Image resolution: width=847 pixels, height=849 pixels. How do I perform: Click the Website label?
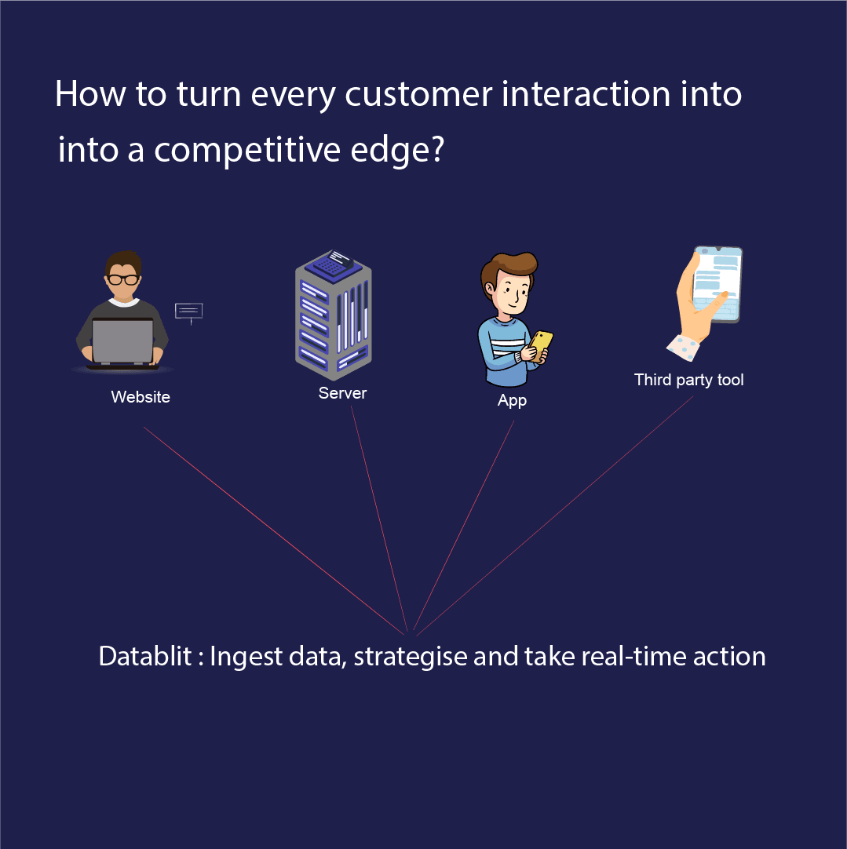coord(141,397)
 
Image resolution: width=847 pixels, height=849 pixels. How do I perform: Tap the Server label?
coord(342,393)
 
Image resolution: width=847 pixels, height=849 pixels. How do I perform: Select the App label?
coord(512,400)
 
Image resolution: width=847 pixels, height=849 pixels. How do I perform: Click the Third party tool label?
coord(688,380)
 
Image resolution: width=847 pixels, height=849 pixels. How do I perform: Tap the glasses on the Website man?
coord(123,279)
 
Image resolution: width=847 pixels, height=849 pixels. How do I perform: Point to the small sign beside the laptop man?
coord(188,312)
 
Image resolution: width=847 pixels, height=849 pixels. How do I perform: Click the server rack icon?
coord(333,314)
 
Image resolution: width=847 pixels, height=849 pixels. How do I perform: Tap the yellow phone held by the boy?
coord(541,343)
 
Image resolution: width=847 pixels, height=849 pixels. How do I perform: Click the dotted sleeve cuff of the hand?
coord(682,346)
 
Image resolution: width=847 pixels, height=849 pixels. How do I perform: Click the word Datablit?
coord(145,656)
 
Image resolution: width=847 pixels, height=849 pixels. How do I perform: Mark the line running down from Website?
coord(275,530)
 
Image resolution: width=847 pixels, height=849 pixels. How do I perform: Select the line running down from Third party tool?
coord(553,515)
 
